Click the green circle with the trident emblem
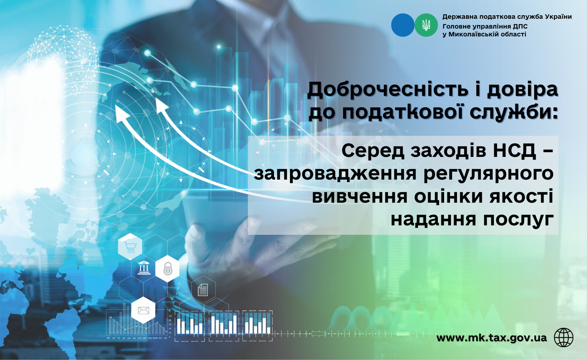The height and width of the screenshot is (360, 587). click(x=426, y=25)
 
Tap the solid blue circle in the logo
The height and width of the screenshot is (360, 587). click(x=403, y=25)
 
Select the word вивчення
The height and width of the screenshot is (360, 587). click(x=360, y=196)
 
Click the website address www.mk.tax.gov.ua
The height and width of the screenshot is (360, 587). click(x=492, y=338)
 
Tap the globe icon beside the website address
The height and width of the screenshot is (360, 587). click(x=564, y=337)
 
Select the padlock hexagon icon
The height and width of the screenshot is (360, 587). click(x=167, y=268)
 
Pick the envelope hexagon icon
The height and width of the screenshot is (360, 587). click(x=143, y=310)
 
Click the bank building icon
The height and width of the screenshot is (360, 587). click(x=144, y=268)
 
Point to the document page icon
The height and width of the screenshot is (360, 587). click(x=203, y=290)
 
